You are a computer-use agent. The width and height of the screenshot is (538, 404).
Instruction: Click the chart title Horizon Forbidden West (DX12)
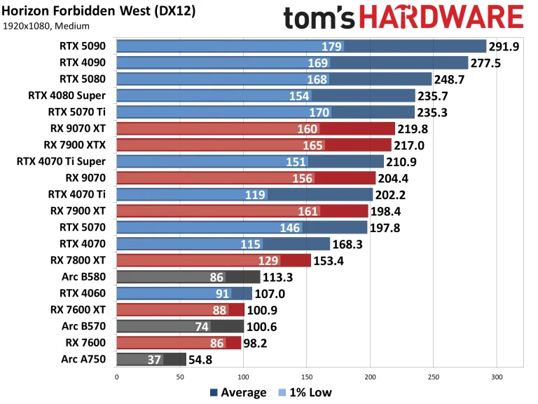[98, 11]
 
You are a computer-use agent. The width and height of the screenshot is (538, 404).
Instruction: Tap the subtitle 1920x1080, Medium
[46, 27]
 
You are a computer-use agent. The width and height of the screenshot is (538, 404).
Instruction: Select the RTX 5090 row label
[85, 46]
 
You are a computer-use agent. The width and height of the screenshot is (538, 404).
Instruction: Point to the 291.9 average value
[506, 46]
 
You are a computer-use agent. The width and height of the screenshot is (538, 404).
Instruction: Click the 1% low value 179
[332, 46]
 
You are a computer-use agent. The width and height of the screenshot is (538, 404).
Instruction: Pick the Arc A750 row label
[85, 359]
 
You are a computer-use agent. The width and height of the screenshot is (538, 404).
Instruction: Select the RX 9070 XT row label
[79, 128]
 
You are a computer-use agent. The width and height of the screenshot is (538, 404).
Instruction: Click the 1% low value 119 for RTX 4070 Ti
[256, 194]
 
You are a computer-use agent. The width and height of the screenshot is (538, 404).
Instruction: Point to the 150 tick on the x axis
[307, 376]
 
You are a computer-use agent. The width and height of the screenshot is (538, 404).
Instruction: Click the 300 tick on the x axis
[497, 376]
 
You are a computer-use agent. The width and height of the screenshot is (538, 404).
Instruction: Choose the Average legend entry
[237, 392]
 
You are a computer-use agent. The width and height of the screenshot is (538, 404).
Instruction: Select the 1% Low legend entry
[303, 392]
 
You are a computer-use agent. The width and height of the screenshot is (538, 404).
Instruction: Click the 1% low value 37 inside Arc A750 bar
[155, 359]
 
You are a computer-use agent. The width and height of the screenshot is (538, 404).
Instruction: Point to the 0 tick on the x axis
[116, 376]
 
